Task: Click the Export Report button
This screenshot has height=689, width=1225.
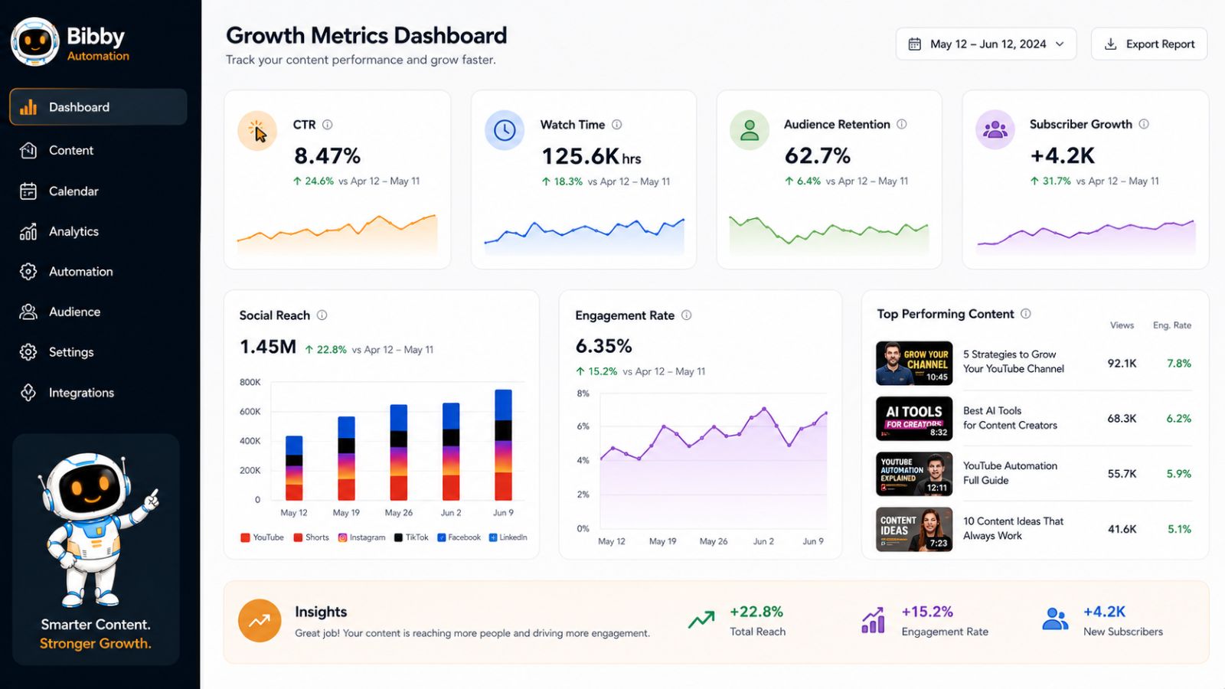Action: [1149, 44]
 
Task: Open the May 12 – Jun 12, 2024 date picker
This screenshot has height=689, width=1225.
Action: [986, 44]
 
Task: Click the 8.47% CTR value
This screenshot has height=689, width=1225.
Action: [327, 156]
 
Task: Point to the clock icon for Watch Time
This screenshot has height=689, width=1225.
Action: [505, 130]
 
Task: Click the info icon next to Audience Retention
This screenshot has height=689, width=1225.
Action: [902, 124]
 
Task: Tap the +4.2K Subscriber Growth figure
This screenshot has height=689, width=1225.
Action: [1062, 156]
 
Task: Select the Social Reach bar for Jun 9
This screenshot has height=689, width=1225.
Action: [503, 445]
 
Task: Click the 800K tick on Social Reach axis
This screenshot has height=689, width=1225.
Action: [250, 382]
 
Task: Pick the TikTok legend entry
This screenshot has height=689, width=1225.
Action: [411, 537]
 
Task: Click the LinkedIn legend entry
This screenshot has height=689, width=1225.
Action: [508, 537]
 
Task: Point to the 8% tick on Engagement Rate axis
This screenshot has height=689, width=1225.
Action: [583, 393]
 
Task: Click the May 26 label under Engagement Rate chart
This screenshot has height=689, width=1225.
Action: [713, 541]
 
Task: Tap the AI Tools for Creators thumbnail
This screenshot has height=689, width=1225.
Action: [914, 419]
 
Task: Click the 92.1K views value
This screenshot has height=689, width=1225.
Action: [1122, 364]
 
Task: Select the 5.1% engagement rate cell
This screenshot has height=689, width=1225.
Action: [1179, 529]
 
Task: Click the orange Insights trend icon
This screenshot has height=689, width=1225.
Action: [260, 621]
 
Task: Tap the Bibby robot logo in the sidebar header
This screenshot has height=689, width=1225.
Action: [35, 41]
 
